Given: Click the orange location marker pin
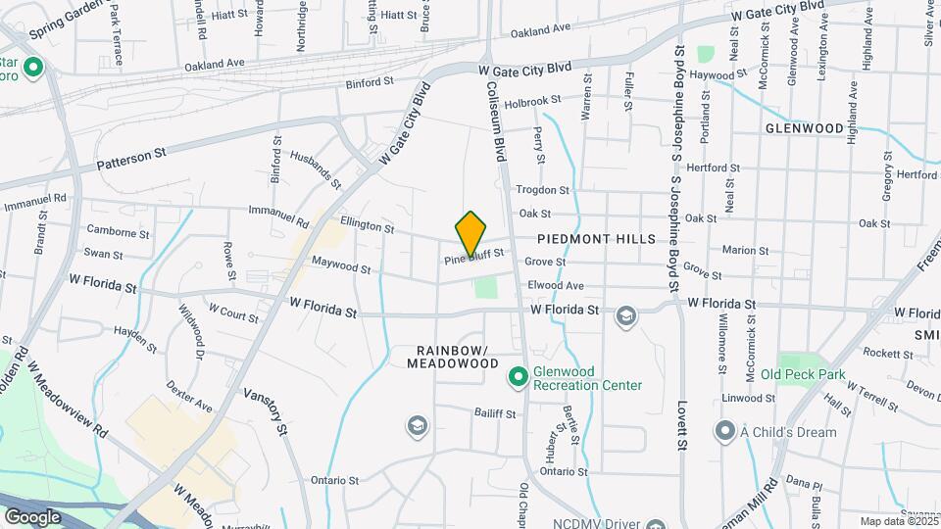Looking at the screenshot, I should (x=471, y=234).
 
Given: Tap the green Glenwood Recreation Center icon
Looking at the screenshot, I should (x=517, y=375).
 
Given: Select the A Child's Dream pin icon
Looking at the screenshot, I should (x=724, y=431).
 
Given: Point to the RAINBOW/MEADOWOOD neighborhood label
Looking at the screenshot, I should (x=459, y=357).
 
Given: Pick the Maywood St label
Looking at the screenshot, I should (x=341, y=265).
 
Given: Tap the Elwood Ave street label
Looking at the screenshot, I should (x=556, y=285).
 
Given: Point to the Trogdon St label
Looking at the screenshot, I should (x=542, y=189).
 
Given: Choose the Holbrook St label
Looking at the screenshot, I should (x=532, y=100).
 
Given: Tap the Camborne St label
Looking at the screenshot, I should (x=111, y=232).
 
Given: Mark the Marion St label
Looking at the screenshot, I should (x=744, y=250).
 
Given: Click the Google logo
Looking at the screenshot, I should (x=32, y=516).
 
